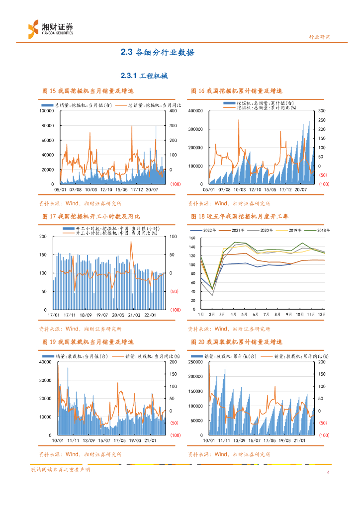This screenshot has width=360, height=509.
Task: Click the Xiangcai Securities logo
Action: pyautogui.click(x=50, y=28)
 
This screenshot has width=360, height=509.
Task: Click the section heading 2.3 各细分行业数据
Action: pyautogui.click(x=158, y=52)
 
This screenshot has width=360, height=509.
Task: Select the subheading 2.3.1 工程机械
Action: pyautogui.click(x=144, y=76)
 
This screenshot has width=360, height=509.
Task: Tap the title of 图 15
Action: pyautogui.click(x=88, y=91)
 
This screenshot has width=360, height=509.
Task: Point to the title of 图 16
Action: pyautogui.click(x=236, y=91)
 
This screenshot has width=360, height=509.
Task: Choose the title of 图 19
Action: pyautogui.click(x=88, y=342)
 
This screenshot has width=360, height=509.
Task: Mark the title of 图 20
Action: pyautogui.click(x=236, y=342)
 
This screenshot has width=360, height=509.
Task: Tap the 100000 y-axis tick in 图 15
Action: pyautogui.click(x=46, y=111)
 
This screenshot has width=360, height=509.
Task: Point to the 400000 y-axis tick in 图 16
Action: pyautogui.click(x=196, y=111)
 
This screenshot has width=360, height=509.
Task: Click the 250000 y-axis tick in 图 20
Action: pyautogui.click(x=196, y=362)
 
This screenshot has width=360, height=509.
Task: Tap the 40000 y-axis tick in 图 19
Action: pyautogui.click(x=46, y=362)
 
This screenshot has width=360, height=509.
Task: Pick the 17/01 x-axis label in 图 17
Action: pyautogui.click(x=54, y=315)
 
